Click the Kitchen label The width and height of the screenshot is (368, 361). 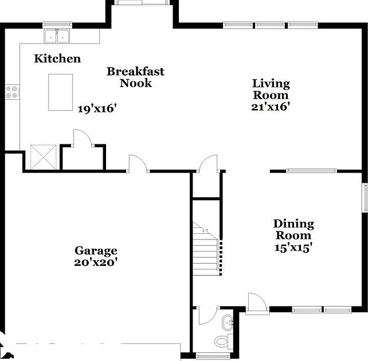point(57,58)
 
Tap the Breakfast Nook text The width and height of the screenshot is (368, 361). point(135,77)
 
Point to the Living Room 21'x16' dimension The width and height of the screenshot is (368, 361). point(271,107)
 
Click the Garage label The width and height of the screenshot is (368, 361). point(96,250)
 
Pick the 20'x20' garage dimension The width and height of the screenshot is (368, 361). point(96,262)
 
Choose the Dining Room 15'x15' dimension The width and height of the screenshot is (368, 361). point(292,248)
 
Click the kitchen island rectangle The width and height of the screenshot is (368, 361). point(61,92)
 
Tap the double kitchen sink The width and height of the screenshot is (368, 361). point(57,36)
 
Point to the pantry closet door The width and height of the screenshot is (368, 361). point(82,139)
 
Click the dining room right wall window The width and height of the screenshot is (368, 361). point(364,198)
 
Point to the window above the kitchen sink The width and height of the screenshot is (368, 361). point(57,25)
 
